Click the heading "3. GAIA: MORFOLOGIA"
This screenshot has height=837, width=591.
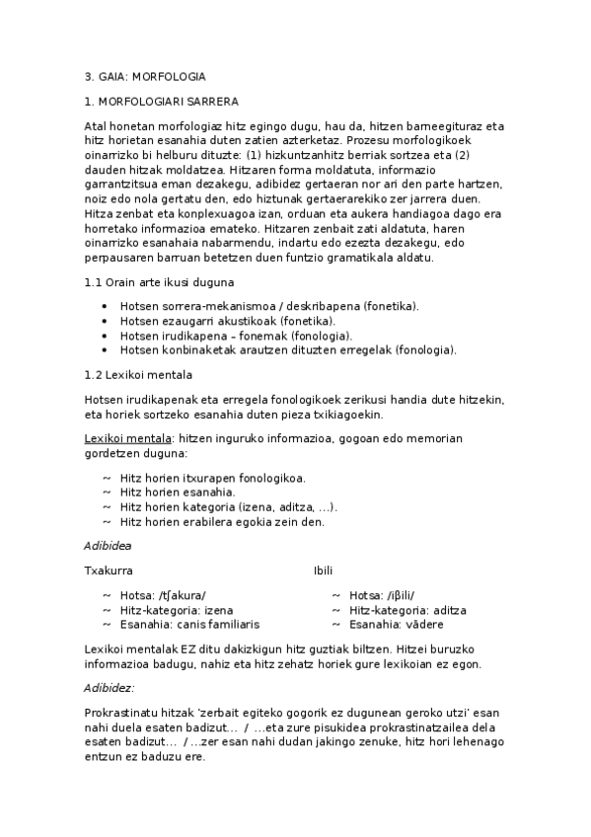coord(145,76)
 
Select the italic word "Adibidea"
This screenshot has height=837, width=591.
coord(108,545)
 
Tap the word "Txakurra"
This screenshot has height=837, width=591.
coord(109,571)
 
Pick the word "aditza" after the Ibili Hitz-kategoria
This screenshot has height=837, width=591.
coord(450,610)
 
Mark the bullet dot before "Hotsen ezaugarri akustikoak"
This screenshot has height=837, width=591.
coord(105,321)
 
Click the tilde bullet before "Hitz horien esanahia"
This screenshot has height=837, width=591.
coord(106,493)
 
